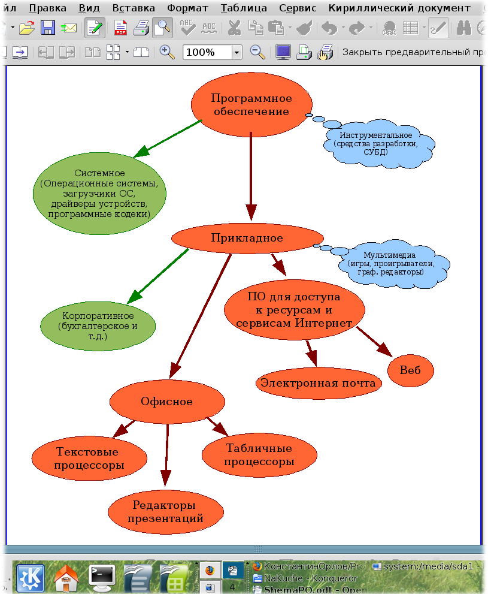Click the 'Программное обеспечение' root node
coord(251,104)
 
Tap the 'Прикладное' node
coord(247,238)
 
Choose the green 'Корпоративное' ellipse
coord(98,326)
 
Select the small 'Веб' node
coord(410,370)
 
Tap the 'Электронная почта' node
coord(319,383)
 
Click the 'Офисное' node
coord(167,402)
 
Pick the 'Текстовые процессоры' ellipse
coord(89,459)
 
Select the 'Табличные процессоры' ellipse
coord(259,455)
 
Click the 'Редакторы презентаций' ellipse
coord(166,511)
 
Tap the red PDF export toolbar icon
coord(121,28)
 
